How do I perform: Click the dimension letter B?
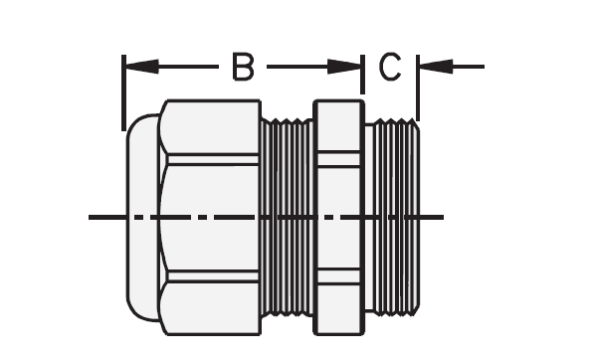click(243, 67)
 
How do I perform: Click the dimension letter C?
click(389, 67)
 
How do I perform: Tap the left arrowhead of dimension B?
click(139, 67)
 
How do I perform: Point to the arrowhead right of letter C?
click(435, 67)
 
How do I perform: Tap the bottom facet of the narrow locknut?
click(338, 308)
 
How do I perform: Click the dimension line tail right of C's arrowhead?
click(468, 67)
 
